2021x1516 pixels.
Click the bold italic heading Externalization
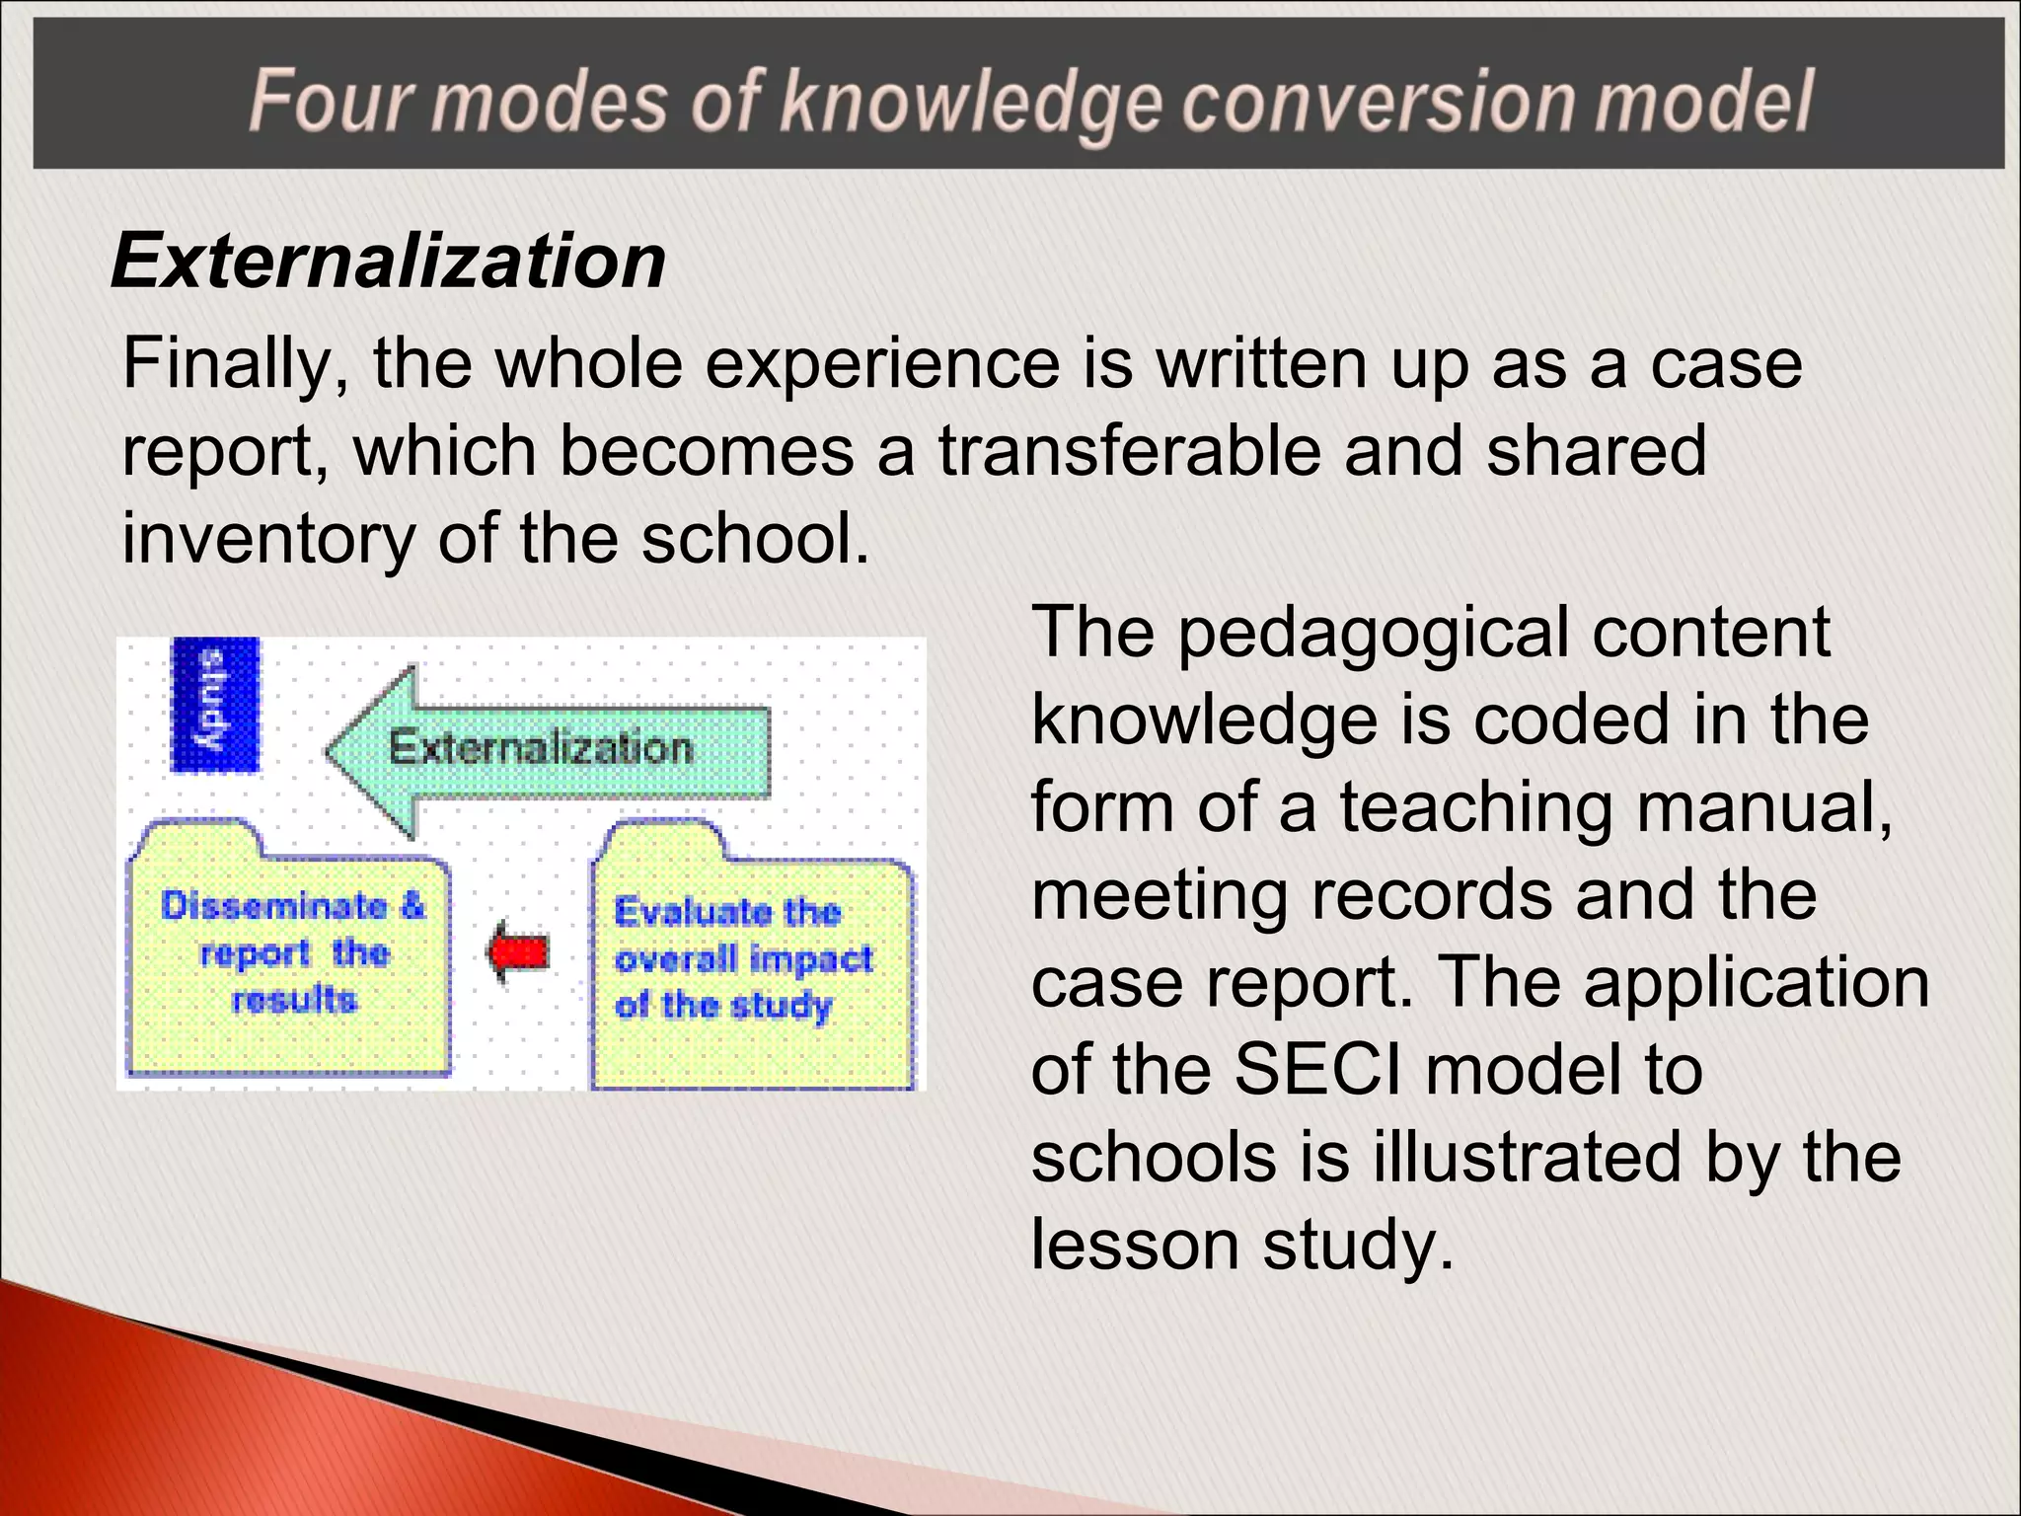[x=389, y=262]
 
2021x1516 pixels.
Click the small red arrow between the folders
[x=518, y=951]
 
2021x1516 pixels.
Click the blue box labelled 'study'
[x=215, y=704]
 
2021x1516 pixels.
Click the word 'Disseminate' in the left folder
[x=274, y=906]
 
